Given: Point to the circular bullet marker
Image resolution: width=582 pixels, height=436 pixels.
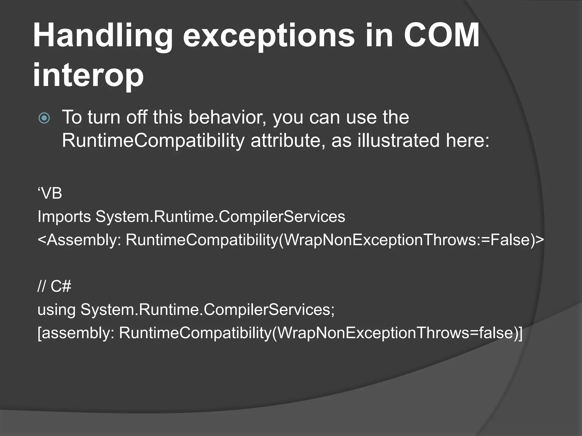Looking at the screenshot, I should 44,118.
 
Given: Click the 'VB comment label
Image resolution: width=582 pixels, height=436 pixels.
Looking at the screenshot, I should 50,194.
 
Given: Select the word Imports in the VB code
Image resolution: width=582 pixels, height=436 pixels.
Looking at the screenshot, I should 64,217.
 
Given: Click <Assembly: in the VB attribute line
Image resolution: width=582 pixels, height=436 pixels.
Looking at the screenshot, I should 79,240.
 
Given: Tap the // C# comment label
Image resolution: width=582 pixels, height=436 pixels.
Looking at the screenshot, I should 54,286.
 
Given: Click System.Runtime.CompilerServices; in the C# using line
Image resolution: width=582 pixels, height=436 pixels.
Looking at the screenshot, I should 207,309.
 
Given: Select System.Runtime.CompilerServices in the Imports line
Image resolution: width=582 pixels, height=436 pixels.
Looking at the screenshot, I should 220,217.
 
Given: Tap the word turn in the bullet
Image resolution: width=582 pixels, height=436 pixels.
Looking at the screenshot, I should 103,117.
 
